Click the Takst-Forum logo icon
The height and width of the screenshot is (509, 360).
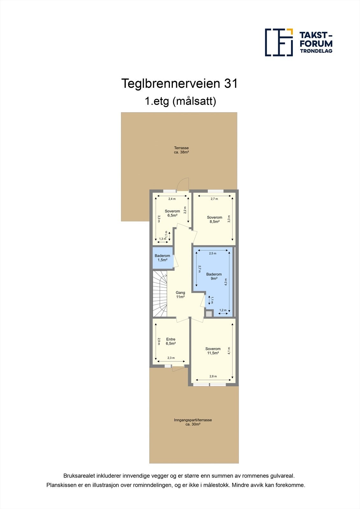coord(279,42)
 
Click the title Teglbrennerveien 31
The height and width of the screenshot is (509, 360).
coord(179,84)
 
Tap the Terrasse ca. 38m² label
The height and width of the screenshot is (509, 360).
coord(181,150)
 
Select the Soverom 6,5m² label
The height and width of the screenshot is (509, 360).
coord(172,213)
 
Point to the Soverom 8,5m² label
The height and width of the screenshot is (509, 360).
coord(215,220)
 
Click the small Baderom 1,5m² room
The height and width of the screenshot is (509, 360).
coord(162,258)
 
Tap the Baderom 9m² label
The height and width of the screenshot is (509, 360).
coord(214,276)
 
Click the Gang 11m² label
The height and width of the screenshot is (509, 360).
coord(180,295)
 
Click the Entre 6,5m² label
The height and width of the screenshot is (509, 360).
coord(171,341)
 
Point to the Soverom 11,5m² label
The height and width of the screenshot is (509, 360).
coord(213,351)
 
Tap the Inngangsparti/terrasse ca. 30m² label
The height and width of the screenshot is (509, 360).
coord(193,422)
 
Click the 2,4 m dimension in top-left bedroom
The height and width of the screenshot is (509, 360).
coord(172,199)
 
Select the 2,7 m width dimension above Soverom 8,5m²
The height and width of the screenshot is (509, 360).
coord(214,199)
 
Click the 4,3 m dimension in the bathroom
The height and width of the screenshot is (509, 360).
coord(226,282)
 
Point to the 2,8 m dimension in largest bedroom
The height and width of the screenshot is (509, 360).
coord(213,376)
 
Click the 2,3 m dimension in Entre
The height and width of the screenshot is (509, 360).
coord(171,358)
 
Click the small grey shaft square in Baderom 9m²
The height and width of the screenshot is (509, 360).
coord(209,314)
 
